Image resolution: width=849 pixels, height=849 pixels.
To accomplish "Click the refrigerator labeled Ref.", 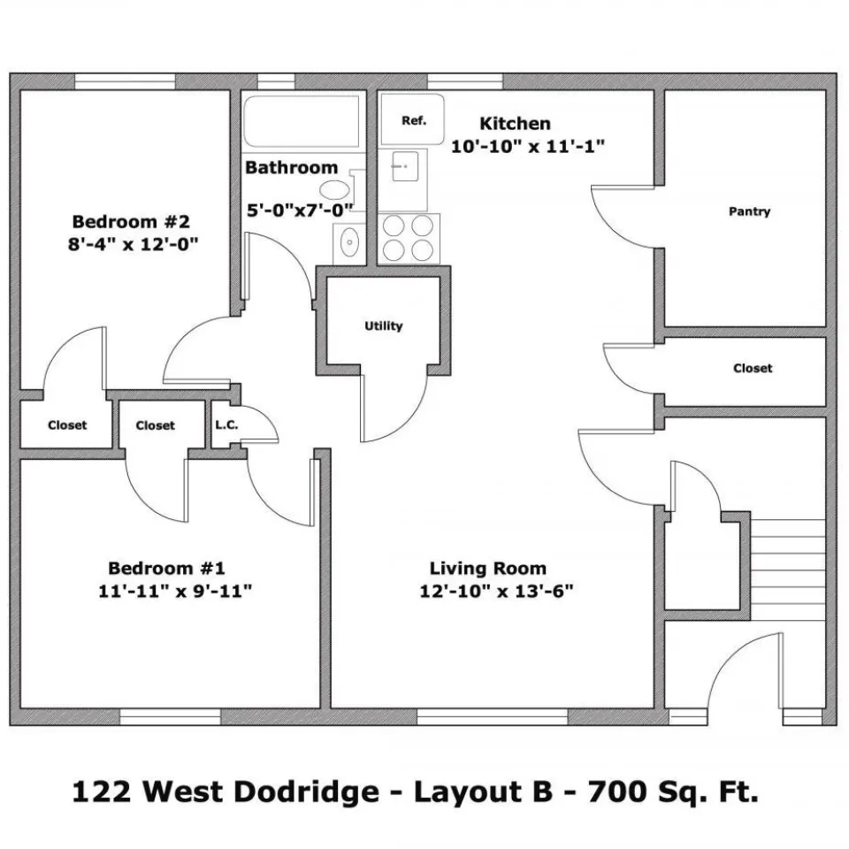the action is [x=412, y=119].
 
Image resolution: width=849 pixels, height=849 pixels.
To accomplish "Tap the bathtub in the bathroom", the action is [x=302, y=120].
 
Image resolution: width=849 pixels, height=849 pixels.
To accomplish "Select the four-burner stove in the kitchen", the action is [x=409, y=238].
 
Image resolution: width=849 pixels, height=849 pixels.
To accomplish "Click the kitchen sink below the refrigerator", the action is [x=403, y=180].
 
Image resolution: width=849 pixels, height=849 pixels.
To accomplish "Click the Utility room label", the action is [x=383, y=326].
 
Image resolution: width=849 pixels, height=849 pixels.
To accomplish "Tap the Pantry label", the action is [x=749, y=211].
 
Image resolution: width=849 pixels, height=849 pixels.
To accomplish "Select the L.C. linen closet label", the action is [x=226, y=425].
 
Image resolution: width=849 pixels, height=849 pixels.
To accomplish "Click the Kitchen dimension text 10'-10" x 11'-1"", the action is [x=527, y=146].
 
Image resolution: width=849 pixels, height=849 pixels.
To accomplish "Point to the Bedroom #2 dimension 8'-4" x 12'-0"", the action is [x=133, y=244].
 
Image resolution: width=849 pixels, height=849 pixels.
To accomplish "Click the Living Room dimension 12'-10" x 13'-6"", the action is [x=496, y=591].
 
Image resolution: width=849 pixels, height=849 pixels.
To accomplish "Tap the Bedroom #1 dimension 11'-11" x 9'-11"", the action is [x=175, y=591].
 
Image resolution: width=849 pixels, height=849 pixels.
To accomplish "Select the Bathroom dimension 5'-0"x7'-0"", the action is [x=300, y=210].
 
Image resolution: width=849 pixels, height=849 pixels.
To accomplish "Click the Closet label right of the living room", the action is [x=753, y=368].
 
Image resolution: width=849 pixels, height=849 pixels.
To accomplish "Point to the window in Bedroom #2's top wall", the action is [x=125, y=81].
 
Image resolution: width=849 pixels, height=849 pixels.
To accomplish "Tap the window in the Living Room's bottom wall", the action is [x=493, y=717].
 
